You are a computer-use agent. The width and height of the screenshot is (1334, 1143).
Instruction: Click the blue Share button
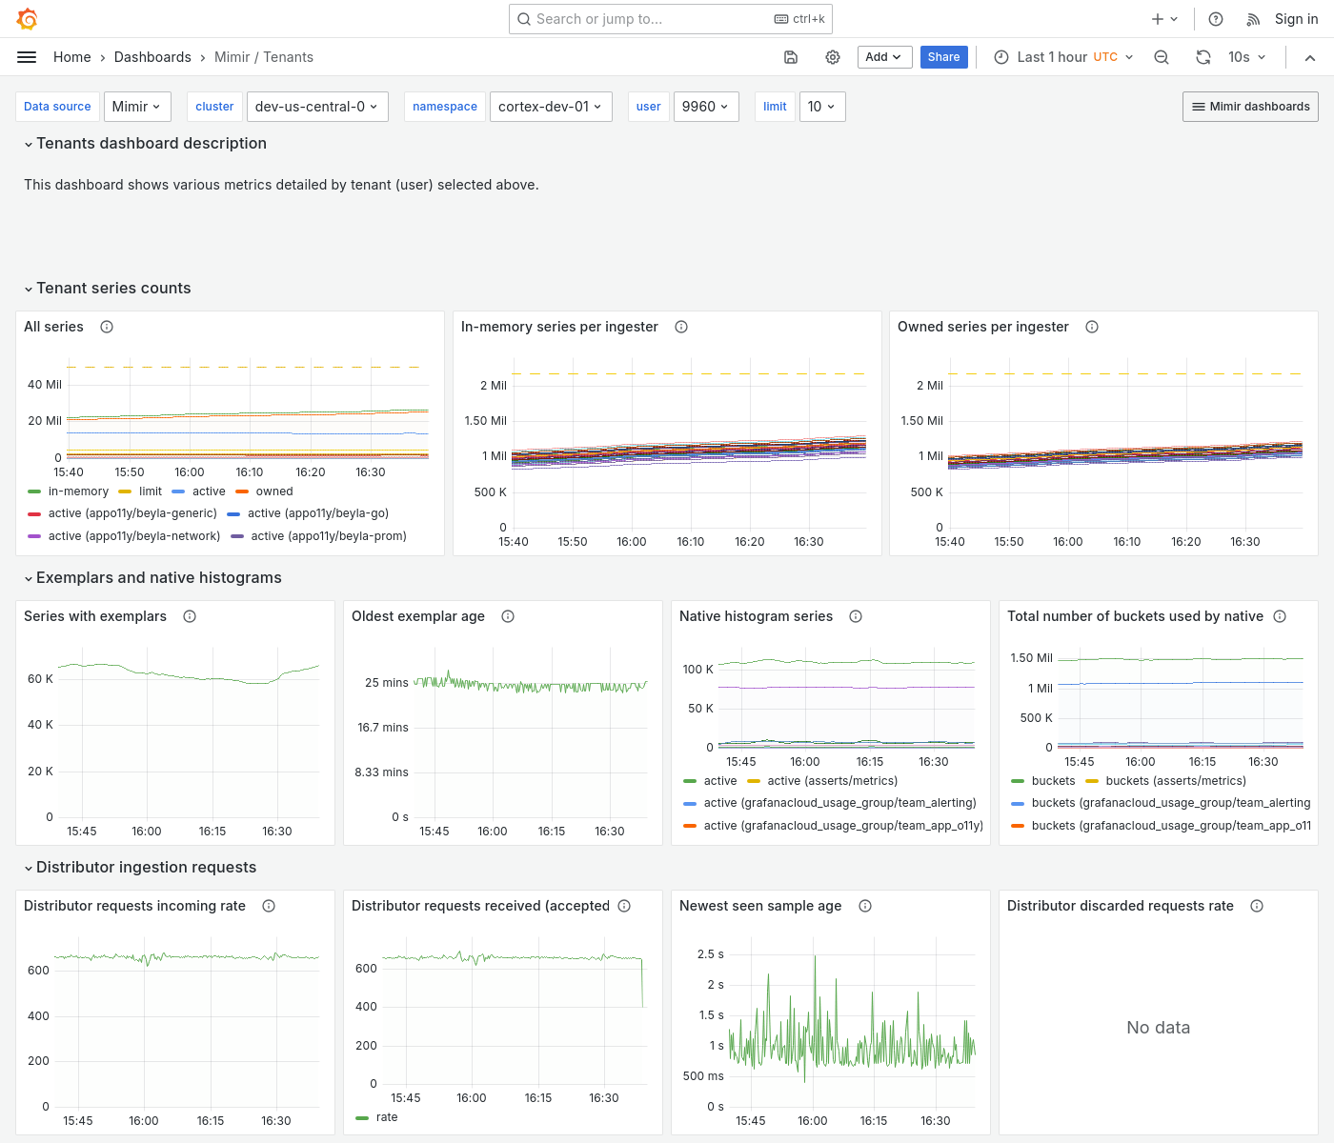coord(943,57)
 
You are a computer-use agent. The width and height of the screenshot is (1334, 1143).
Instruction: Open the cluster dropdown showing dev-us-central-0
coord(315,107)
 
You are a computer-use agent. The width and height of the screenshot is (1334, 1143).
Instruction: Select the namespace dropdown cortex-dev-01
coord(550,107)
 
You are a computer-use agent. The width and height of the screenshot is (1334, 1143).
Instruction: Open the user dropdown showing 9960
coord(705,107)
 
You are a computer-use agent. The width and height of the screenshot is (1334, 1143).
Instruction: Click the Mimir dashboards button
coord(1250,107)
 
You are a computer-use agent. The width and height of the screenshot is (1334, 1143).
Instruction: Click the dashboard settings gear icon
coord(833,57)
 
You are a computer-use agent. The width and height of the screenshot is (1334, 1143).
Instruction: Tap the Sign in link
coord(1296,19)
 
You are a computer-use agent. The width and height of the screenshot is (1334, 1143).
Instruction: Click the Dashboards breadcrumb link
coord(152,57)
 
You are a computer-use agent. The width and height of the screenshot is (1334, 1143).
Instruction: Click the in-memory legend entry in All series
coord(78,491)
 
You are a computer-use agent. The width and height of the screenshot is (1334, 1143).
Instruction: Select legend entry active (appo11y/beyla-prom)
coord(328,536)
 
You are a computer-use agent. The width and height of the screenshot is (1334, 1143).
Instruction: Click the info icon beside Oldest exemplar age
coord(508,616)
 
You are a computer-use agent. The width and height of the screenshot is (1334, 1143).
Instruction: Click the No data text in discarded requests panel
coord(1158,1028)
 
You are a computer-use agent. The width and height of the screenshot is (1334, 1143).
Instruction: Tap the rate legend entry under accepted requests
coord(387,1117)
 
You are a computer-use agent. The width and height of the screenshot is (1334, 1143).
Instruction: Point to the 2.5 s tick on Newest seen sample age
coord(710,954)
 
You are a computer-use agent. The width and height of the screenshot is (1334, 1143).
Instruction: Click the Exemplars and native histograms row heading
coord(158,578)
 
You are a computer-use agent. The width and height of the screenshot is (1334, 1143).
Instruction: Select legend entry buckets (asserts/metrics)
coord(1175,781)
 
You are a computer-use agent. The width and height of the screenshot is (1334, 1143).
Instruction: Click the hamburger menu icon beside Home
coord(27,57)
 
